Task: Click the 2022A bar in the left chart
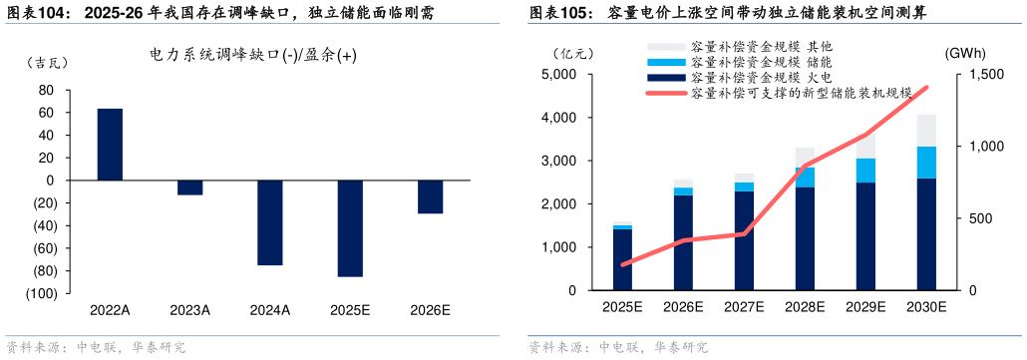110,145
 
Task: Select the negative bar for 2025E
350,228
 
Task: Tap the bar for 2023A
189,187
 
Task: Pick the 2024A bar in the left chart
270,222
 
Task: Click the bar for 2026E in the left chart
430,196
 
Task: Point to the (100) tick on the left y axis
40,294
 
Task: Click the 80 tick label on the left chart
46,90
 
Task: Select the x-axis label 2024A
270,310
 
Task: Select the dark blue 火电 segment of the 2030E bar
926,234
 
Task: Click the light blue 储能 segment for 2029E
865,171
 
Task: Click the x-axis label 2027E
744,307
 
